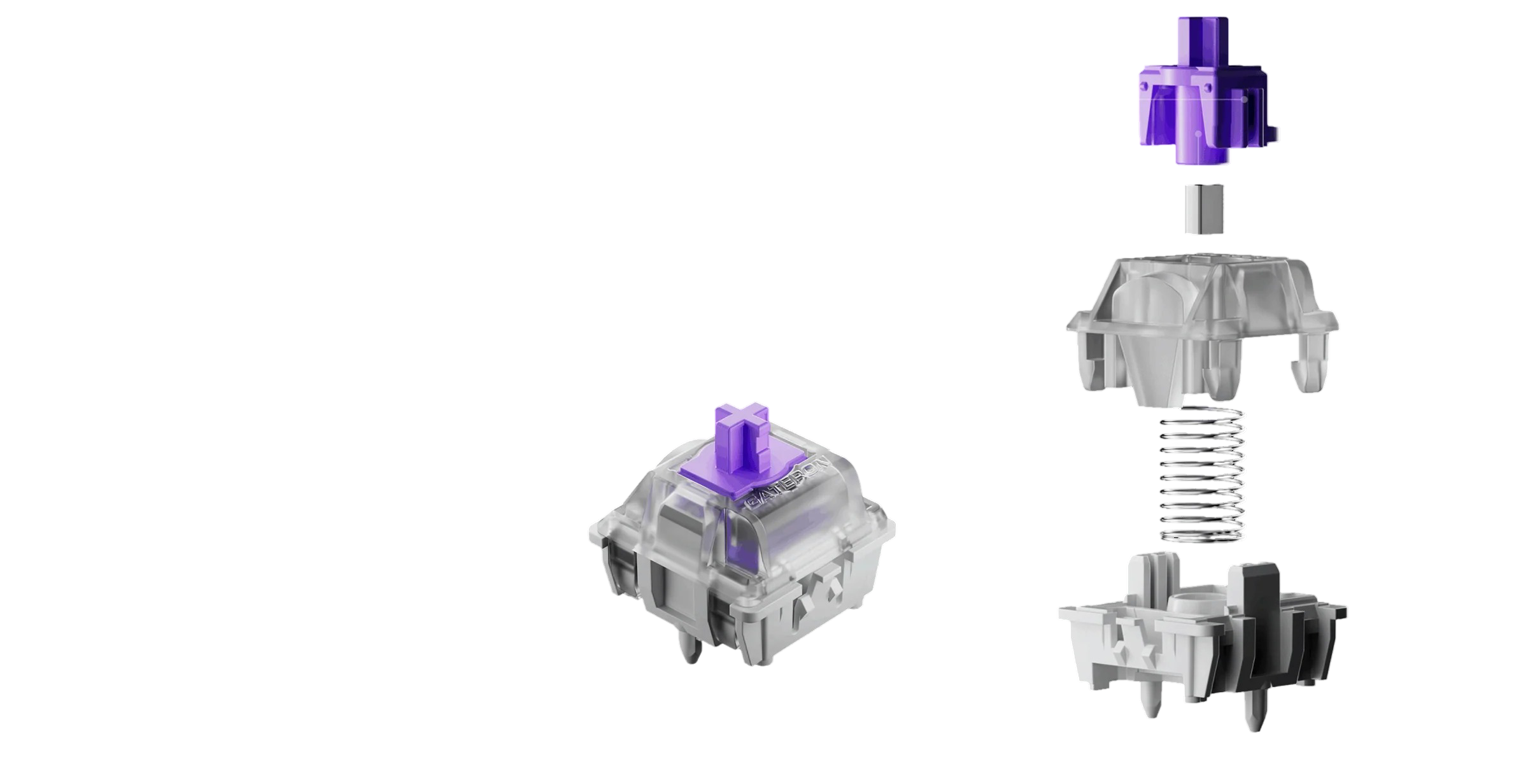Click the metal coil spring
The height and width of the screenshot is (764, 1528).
[1202, 475]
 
